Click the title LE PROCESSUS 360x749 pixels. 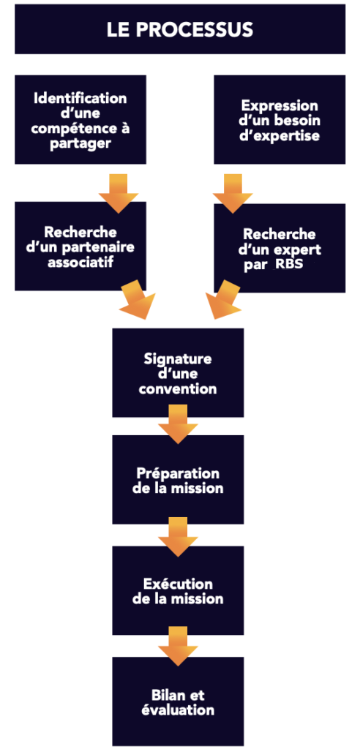[x=179, y=29]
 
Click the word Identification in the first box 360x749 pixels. [x=80, y=98]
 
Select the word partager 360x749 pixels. [x=80, y=144]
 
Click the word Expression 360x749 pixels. [x=280, y=105]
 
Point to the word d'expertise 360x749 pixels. [x=280, y=135]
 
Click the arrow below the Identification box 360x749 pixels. [x=119, y=192]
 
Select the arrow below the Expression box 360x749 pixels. [x=233, y=192]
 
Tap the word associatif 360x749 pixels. [x=80, y=263]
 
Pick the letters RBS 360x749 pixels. [x=289, y=264]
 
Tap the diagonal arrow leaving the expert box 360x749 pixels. [x=225, y=299]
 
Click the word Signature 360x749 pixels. [x=178, y=358]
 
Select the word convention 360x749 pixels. [x=178, y=389]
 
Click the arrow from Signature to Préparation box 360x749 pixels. [x=178, y=424]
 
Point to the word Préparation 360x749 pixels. [x=178, y=473]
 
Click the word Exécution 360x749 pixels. [x=178, y=584]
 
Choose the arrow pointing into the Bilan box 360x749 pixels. [x=178, y=646]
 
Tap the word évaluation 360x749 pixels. [x=178, y=710]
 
